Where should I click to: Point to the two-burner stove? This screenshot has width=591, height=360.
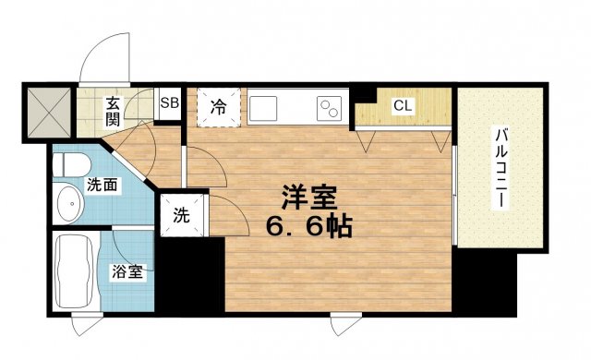327,107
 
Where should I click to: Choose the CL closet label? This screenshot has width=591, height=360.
403,105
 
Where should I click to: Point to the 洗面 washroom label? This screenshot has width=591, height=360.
103,185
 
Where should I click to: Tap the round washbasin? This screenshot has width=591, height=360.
67,204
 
